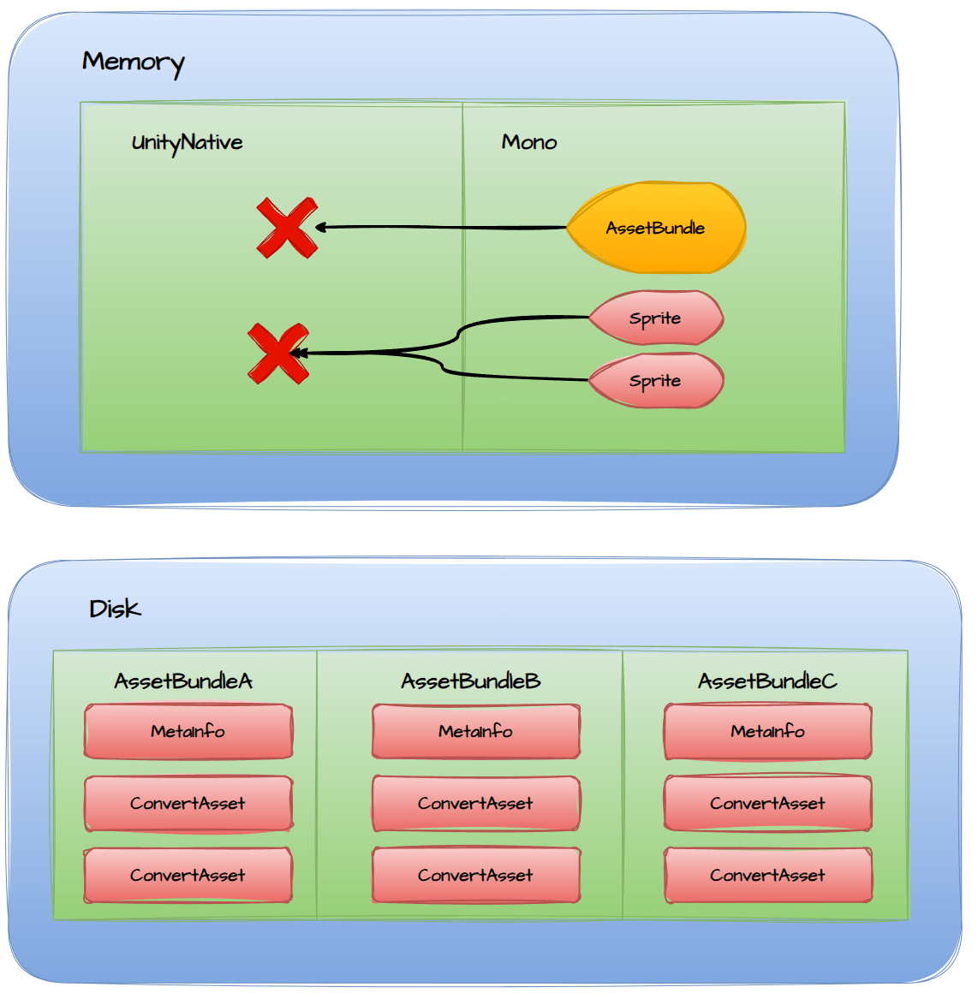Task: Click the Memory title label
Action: (x=133, y=62)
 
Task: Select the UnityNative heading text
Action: (x=187, y=142)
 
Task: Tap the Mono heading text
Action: (x=529, y=142)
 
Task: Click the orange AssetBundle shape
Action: (x=656, y=228)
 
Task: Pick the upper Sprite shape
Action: (x=656, y=318)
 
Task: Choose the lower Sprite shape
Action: (x=656, y=381)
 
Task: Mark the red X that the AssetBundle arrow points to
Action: (x=287, y=228)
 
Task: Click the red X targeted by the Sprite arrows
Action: (x=277, y=354)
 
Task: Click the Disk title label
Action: (x=115, y=609)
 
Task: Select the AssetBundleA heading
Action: (x=183, y=681)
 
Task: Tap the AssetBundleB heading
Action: (x=471, y=681)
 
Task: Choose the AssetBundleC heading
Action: (x=767, y=681)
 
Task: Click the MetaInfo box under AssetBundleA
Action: (x=188, y=732)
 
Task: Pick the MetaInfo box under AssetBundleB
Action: (x=476, y=732)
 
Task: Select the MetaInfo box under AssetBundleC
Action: (x=768, y=732)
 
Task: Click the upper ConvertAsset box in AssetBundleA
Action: (x=188, y=804)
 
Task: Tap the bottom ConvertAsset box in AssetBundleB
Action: (x=476, y=876)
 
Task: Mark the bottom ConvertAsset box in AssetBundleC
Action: (x=768, y=876)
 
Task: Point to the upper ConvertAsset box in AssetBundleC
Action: (x=768, y=804)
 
